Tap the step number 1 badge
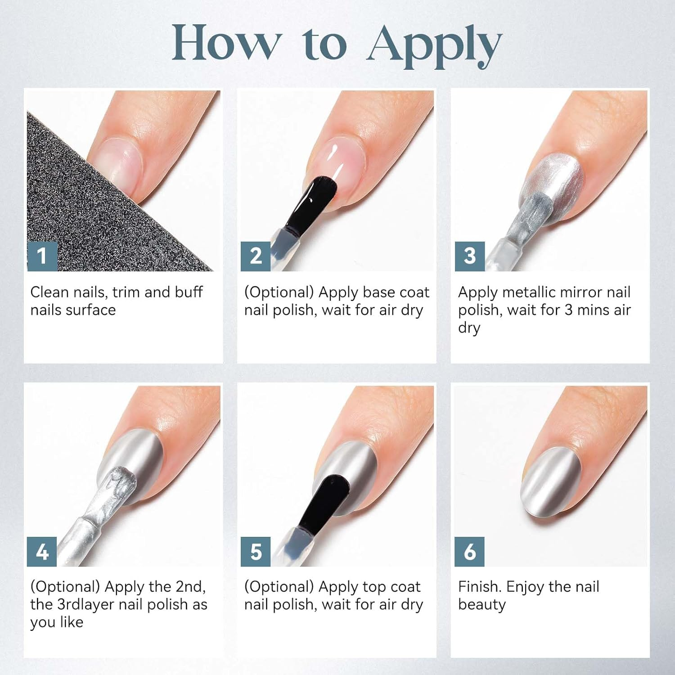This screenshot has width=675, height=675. pos(42,256)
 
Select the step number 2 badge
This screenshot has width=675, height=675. pos(256,256)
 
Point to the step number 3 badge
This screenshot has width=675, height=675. pos(470,256)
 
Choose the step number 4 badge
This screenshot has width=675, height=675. pos(42,551)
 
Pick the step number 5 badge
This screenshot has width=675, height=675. pos(256,551)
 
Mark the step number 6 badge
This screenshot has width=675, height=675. pos(470,551)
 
